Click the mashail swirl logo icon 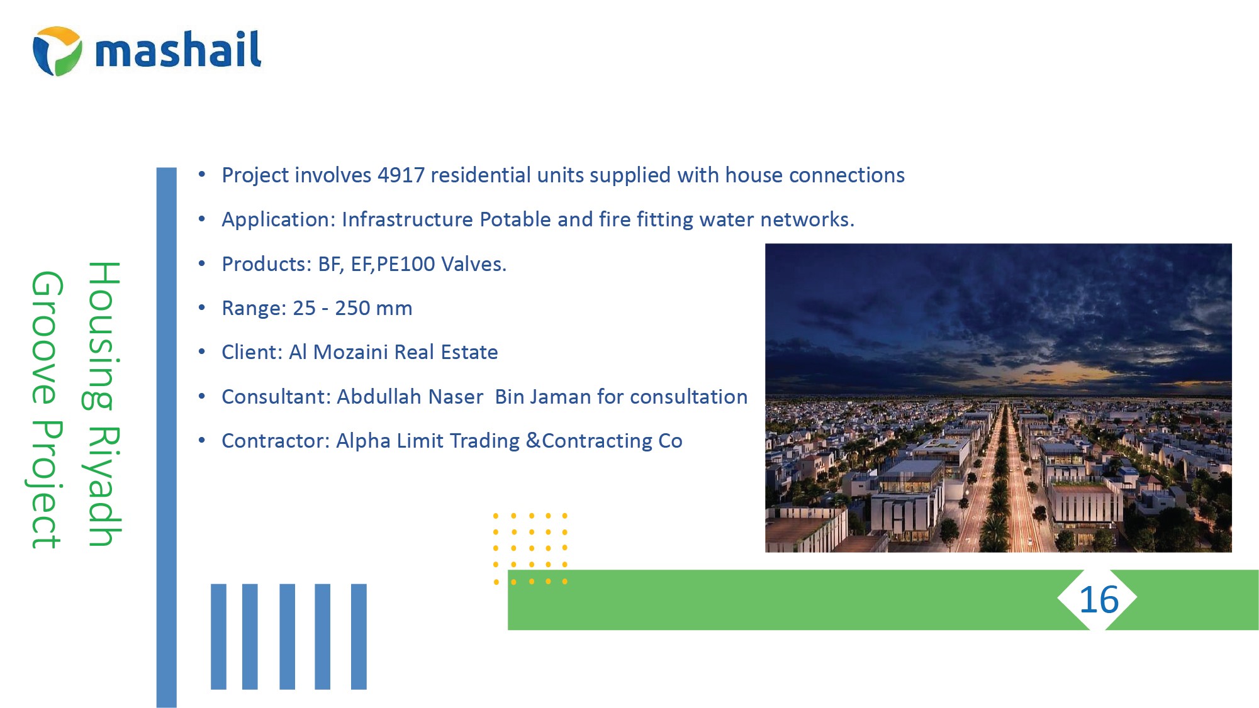[57, 51]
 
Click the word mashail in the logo [178, 50]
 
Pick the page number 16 [1099, 600]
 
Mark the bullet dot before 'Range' [202, 308]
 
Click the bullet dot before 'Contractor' [202, 441]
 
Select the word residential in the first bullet [481, 175]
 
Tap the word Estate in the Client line [469, 352]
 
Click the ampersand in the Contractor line [533, 441]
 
